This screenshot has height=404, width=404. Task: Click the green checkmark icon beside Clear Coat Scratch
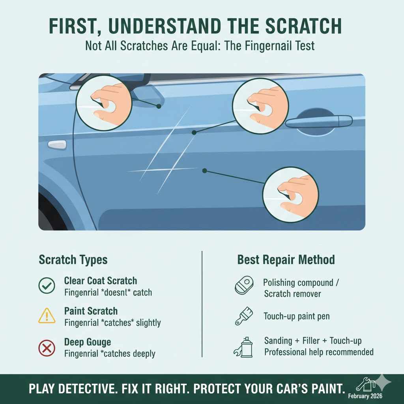click(x=47, y=286)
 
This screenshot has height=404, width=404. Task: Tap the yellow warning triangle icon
click(x=47, y=316)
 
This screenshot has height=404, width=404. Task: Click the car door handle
click(x=319, y=121)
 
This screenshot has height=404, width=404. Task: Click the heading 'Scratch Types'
click(x=73, y=260)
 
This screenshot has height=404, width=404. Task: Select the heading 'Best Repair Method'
click(x=286, y=260)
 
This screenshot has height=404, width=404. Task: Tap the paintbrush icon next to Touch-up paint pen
click(x=242, y=316)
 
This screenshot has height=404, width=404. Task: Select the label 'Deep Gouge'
click(x=87, y=342)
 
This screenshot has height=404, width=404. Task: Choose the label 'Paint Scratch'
click(x=91, y=311)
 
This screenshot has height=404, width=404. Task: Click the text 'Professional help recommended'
click(x=319, y=352)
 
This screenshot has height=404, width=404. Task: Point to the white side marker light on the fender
click(x=57, y=144)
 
